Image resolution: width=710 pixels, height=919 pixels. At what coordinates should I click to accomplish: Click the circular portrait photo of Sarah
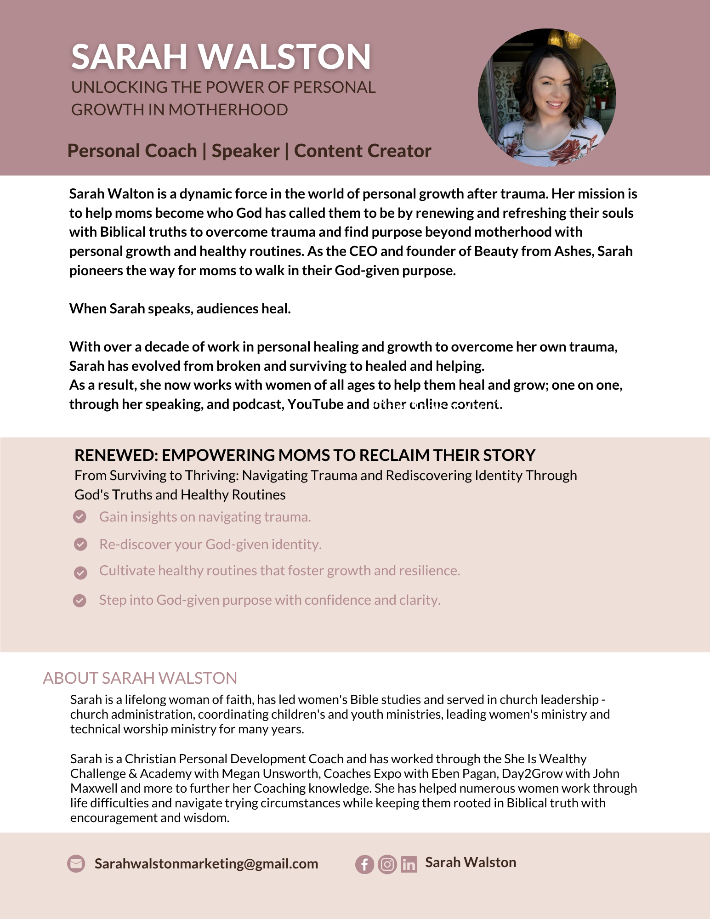pos(547,97)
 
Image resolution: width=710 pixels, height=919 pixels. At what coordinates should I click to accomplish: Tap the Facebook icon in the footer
pos(364,865)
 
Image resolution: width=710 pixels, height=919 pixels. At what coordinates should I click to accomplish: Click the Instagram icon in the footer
pos(387,865)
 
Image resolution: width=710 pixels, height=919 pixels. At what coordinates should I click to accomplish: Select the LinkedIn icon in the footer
pos(409,865)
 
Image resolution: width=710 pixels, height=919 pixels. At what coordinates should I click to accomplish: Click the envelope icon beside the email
pos(76,864)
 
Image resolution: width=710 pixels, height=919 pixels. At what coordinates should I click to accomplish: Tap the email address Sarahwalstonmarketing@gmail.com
pos(206,864)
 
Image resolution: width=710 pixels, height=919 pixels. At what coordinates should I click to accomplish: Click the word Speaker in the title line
pos(245,151)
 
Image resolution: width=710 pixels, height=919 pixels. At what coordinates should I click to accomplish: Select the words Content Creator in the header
pos(363,151)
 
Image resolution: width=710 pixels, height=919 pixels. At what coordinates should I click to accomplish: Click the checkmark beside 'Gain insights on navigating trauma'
pos(80,517)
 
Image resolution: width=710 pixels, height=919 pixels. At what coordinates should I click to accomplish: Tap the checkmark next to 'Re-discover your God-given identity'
pos(80,545)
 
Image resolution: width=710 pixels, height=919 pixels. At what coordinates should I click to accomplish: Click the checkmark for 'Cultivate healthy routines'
pos(80,573)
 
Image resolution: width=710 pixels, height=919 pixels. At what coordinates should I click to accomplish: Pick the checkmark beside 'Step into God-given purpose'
pos(80,601)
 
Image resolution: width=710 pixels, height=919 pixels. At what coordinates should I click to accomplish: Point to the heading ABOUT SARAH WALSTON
pos(140,678)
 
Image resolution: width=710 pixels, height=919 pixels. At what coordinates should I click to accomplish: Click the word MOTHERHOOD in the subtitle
pos(228,110)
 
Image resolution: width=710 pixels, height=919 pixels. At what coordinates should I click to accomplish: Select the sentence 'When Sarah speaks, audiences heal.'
pos(180,308)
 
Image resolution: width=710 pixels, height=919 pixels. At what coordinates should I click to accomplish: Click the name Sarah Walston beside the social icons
pos(471,862)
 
